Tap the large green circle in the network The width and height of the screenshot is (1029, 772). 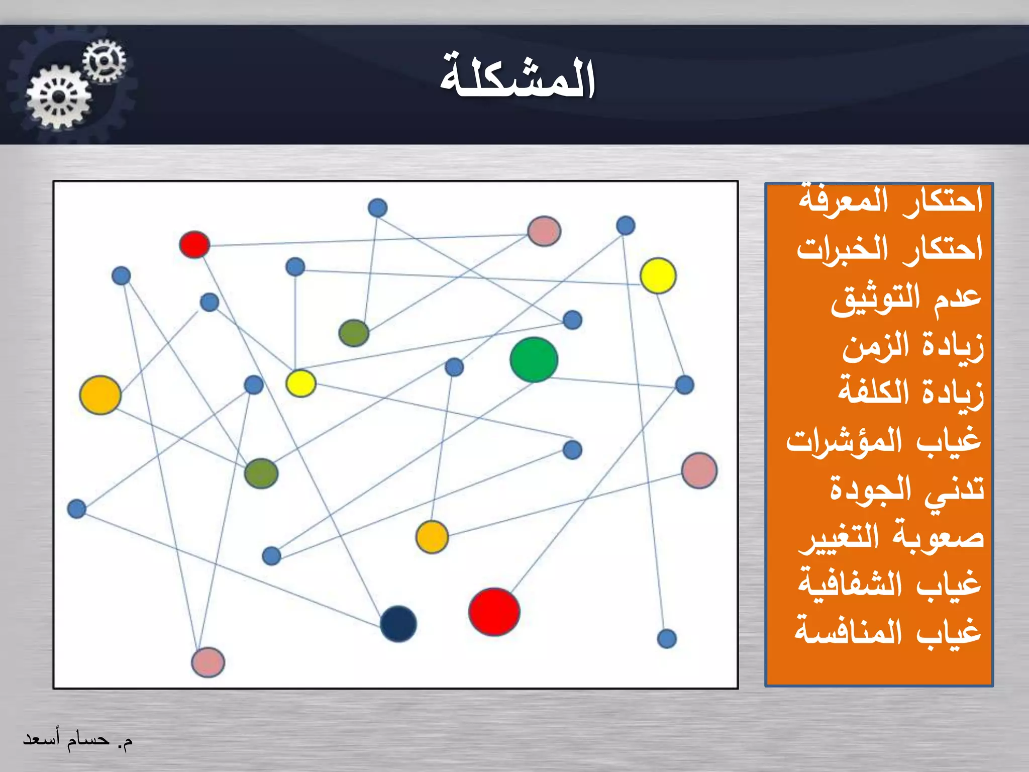[x=534, y=360]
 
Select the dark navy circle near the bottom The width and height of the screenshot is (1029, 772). [x=398, y=624]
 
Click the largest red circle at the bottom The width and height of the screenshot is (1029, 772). [x=494, y=612]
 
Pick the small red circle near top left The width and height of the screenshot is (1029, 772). [x=194, y=245]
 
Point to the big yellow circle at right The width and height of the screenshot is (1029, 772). [x=658, y=275]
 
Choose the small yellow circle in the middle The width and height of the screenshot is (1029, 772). [x=300, y=383]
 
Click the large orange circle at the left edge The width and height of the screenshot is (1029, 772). [x=100, y=395]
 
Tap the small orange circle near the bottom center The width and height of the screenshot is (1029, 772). [x=432, y=537]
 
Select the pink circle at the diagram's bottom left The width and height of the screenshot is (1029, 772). [x=208, y=662]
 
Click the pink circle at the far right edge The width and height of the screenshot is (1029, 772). [x=699, y=470]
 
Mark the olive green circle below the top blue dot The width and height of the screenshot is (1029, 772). [x=354, y=333]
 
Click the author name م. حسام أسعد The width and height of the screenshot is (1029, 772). [x=78, y=739]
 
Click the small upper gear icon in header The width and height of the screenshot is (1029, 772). [x=104, y=61]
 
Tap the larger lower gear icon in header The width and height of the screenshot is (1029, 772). [x=59, y=97]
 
